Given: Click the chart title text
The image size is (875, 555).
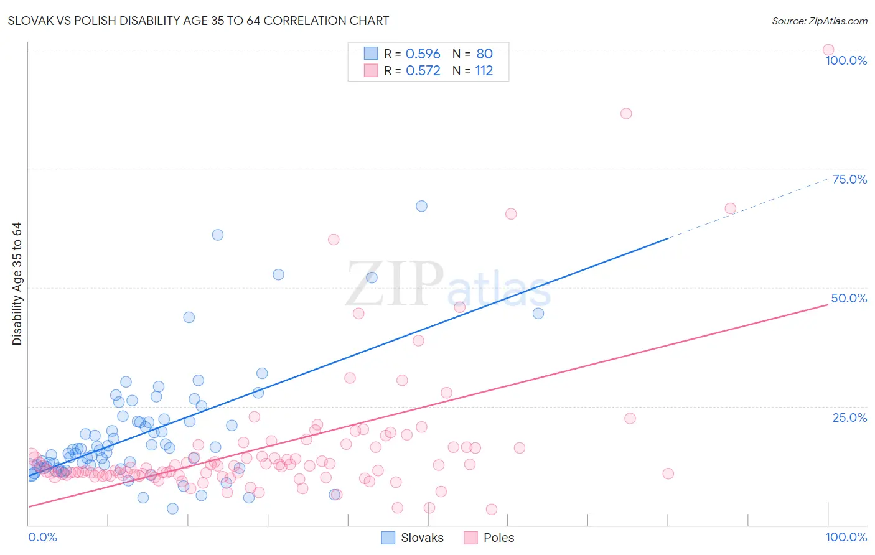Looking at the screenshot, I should (199, 21).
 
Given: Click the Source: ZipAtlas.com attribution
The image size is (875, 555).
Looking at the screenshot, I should (819, 21).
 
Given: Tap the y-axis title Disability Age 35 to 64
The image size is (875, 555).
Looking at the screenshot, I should (17, 284).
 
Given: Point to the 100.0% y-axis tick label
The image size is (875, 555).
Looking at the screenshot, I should (846, 60).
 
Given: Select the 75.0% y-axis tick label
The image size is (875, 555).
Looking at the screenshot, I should (849, 179).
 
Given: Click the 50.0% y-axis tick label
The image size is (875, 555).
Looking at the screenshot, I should (849, 298).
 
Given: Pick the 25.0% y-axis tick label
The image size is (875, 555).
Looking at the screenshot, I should (849, 417).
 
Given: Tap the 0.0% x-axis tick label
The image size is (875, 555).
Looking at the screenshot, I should (43, 537).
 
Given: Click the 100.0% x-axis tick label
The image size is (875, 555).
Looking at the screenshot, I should (846, 537).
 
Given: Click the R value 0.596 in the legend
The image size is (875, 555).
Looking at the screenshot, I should (423, 54).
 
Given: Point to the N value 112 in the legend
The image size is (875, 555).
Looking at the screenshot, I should (484, 71).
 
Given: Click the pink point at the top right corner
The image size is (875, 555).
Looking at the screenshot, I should (828, 50).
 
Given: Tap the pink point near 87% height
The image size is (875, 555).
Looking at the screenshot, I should (626, 113).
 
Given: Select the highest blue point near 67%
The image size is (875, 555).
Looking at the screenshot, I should (421, 206).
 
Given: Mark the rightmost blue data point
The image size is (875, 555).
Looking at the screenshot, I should (538, 313).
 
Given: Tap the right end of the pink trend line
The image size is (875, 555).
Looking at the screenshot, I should (827, 305).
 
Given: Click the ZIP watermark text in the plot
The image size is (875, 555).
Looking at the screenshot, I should (395, 285).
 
